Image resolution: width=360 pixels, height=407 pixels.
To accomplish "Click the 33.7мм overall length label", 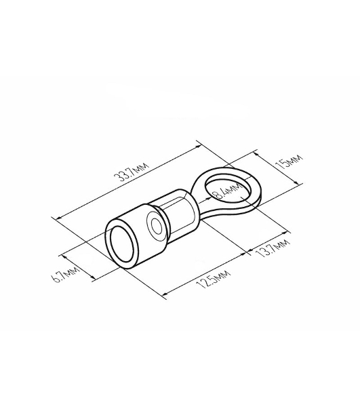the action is point(132,172).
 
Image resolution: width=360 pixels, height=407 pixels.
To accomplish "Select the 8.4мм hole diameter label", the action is point(226,191).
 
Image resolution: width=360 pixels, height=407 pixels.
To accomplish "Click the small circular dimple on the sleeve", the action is point(155,225).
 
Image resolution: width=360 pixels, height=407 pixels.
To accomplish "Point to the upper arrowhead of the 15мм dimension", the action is point(255,154).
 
